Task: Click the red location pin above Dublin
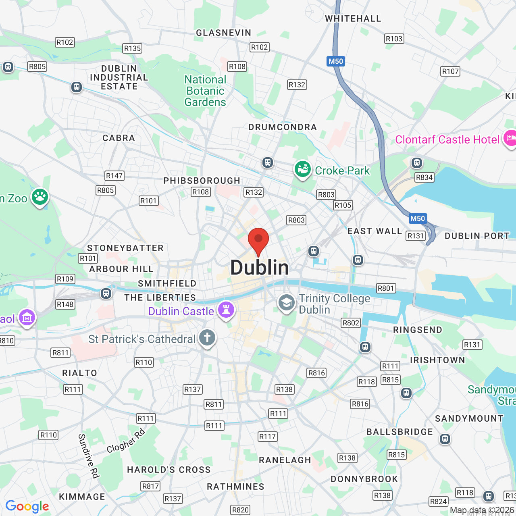(x=258, y=240)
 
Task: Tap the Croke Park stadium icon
(x=302, y=169)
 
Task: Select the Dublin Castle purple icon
(x=226, y=310)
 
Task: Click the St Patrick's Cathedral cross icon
(x=207, y=337)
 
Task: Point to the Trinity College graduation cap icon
(x=287, y=302)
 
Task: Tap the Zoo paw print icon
(x=40, y=197)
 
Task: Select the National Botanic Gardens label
(x=205, y=91)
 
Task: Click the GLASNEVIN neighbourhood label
(x=223, y=33)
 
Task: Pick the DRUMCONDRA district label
(x=283, y=127)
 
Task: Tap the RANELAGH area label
(x=285, y=460)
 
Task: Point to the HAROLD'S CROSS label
(x=169, y=470)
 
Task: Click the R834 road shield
(x=424, y=177)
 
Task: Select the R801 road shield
(x=386, y=288)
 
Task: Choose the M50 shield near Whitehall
(x=335, y=61)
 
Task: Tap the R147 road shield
(x=114, y=176)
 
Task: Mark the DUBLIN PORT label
(x=477, y=236)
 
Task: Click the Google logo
(x=27, y=506)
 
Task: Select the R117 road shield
(x=267, y=437)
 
